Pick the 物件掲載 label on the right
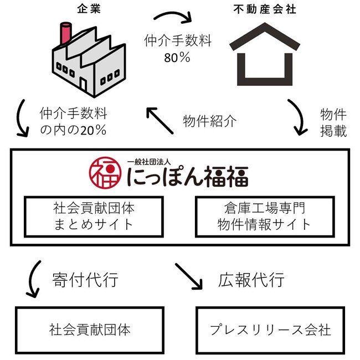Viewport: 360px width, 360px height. click(x=333, y=122)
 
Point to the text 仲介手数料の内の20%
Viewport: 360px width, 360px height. click(x=73, y=122)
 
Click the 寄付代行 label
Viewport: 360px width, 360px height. click(x=85, y=280)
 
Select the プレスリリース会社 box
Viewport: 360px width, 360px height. click(x=270, y=330)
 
